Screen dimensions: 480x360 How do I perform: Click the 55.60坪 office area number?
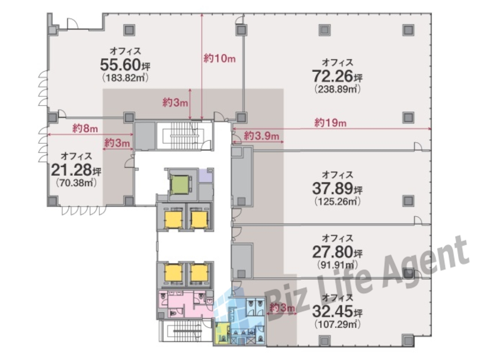click(x=125, y=65)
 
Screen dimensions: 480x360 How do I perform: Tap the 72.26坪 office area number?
click(x=337, y=76)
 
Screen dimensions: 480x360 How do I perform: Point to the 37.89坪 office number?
click(x=337, y=188)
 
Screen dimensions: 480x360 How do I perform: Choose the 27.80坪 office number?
click(x=337, y=252)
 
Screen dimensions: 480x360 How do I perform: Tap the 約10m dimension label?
click(x=219, y=58)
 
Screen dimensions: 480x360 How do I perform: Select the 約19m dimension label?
click(x=330, y=123)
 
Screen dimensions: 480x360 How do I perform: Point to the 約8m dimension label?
click(x=85, y=129)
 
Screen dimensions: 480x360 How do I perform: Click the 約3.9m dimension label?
click(x=261, y=136)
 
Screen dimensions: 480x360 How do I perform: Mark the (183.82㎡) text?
click(x=125, y=78)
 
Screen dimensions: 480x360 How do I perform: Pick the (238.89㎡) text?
click(x=337, y=89)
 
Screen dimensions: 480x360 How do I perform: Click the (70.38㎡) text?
click(x=76, y=183)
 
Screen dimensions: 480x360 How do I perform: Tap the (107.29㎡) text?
click(x=337, y=324)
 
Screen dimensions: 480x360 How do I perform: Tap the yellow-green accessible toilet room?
click(x=221, y=333)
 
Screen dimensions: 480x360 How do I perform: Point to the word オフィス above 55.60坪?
click(x=125, y=51)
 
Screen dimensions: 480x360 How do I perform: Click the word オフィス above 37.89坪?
click(x=337, y=175)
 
